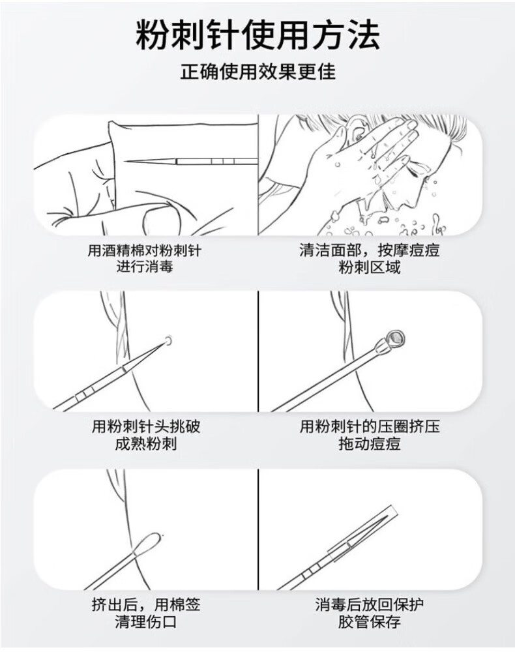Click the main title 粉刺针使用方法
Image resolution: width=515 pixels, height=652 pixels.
point(257,35)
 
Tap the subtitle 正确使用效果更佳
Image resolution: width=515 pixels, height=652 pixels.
point(257,72)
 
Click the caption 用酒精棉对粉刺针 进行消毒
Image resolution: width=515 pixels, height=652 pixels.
point(144,258)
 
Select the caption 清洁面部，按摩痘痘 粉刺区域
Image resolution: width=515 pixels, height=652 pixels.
point(370,258)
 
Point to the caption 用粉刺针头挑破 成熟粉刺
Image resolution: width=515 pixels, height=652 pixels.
point(145,435)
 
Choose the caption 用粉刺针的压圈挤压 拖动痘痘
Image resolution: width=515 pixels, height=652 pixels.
point(370,435)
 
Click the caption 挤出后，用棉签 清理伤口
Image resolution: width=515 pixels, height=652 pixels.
point(145,613)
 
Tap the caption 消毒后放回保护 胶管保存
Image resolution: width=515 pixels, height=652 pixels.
point(370,613)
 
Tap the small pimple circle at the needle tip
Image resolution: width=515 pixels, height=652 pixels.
point(169,340)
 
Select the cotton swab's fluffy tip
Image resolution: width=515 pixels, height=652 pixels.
point(148,542)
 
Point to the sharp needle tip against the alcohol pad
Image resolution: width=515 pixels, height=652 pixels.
point(126,162)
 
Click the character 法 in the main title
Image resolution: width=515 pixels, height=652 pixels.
point(362,35)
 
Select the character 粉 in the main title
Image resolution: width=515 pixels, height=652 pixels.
point(153,35)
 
